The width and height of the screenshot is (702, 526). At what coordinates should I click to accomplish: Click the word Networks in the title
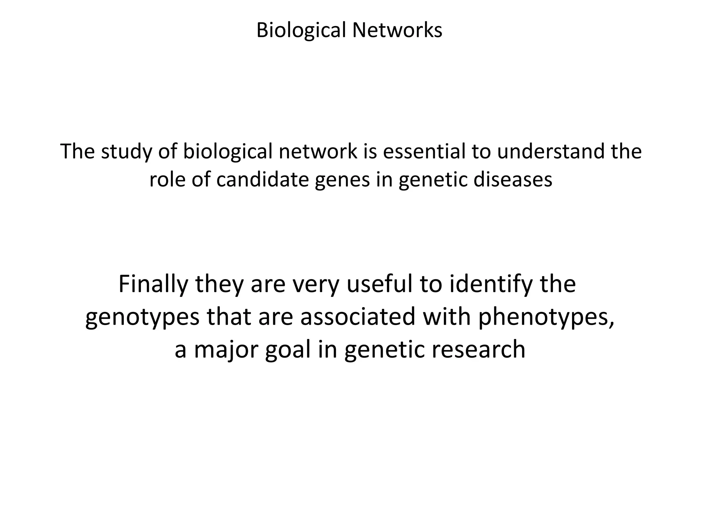tap(397, 30)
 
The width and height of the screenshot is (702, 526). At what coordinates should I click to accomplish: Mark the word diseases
tap(513, 179)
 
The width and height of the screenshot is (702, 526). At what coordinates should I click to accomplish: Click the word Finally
tap(153, 284)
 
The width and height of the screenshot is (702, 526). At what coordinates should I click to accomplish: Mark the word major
tap(226, 350)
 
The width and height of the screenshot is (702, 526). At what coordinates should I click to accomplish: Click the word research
tap(479, 350)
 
